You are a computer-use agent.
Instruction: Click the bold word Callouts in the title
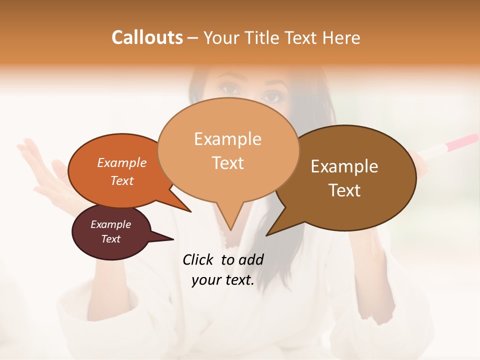[147, 37]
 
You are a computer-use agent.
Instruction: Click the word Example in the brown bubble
[344, 166]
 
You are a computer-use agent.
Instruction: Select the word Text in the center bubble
[228, 163]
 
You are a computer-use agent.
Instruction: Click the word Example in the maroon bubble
[110, 224]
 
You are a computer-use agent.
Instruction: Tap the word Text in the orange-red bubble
[122, 180]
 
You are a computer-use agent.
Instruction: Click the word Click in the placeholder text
[198, 259]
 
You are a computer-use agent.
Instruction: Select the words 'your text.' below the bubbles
[223, 280]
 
